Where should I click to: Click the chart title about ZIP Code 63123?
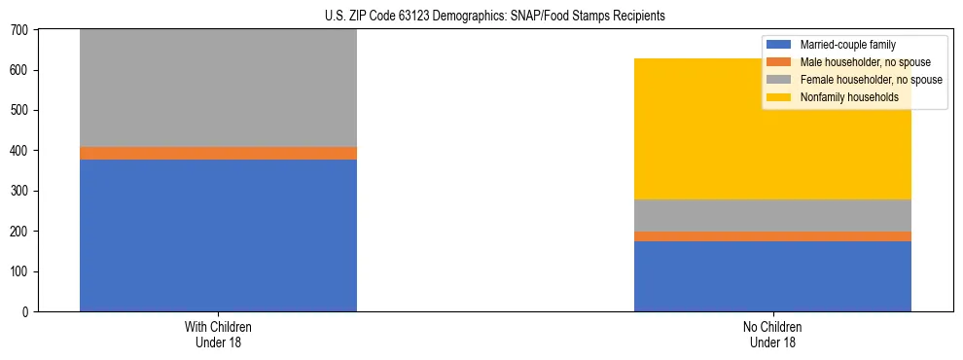(x=495, y=17)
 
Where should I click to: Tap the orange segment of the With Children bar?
(x=218, y=153)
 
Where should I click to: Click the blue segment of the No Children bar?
(x=772, y=276)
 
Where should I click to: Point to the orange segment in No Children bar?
(x=772, y=236)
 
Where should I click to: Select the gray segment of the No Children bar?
(x=772, y=215)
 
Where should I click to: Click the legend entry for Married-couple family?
(x=847, y=45)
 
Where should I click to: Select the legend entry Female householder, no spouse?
(x=867, y=80)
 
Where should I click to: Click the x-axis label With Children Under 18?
(x=218, y=334)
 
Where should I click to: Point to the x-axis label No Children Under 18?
(x=772, y=334)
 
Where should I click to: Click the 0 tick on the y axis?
(x=27, y=312)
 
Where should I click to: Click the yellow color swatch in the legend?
(x=779, y=97)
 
